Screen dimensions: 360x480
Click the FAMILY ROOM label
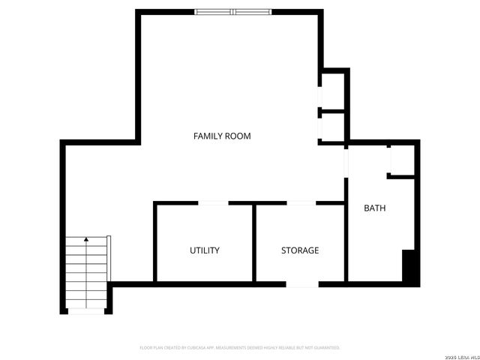(x=222, y=136)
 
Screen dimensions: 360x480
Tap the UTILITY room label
(x=204, y=250)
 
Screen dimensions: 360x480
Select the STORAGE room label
(x=300, y=250)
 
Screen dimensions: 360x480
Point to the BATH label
(x=375, y=208)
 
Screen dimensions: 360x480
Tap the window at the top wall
(x=232, y=11)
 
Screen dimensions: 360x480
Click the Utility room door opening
(x=213, y=202)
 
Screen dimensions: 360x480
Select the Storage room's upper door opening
(x=301, y=202)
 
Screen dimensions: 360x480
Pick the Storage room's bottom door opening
(x=303, y=284)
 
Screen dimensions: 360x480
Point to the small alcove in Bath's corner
(x=402, y=160)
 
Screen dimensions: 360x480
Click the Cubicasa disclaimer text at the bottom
(x=240, y=348)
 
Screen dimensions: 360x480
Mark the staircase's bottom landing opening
(x=86, y=311)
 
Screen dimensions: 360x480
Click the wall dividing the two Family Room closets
(x=333, y=111)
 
